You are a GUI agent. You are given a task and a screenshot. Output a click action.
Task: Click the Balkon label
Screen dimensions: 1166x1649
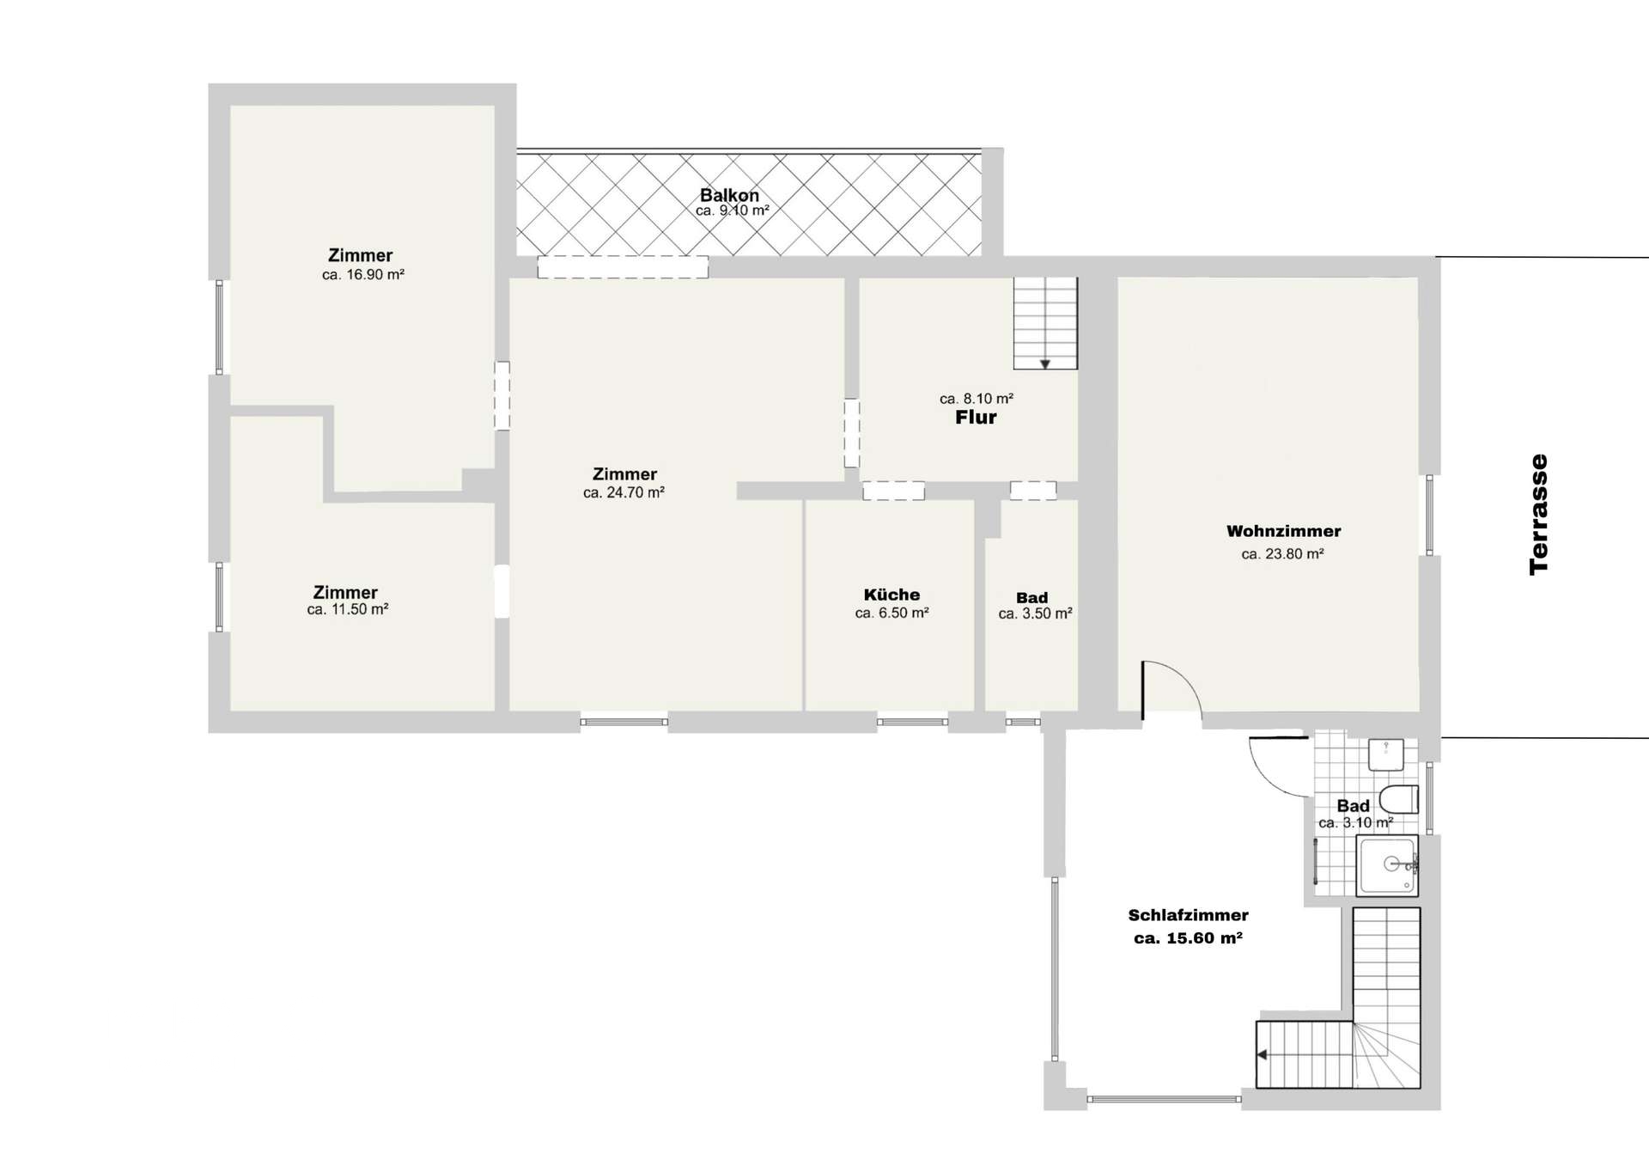click(729, 195)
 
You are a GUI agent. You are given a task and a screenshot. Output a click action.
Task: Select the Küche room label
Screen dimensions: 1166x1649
click(891, 595)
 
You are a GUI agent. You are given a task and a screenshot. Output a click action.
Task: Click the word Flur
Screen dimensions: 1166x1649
click(976, 418)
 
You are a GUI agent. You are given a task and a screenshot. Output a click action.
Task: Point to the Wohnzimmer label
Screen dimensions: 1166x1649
click(1283, 531)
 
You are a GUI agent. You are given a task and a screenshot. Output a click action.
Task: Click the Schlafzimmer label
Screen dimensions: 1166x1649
click(1188, 915)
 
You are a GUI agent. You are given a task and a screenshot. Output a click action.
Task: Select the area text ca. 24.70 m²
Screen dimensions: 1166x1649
click(624, 493)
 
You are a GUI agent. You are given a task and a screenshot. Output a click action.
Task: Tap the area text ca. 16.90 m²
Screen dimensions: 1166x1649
click(363, 275)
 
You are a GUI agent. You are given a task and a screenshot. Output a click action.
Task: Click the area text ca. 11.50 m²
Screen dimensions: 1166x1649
click(348, 609)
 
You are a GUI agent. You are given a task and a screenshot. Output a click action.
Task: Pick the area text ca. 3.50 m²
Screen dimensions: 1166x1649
click(1035, 614)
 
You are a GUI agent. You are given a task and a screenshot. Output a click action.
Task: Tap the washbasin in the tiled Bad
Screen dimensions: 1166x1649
click(1385, 754)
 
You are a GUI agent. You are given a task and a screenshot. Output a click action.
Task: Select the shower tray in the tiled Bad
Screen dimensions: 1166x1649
click(1387, 865)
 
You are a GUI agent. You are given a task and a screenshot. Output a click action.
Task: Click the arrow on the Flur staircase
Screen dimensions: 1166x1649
click(1045, 364)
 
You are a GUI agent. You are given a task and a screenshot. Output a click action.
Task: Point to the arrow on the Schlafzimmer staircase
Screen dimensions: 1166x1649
click(1263, 1054)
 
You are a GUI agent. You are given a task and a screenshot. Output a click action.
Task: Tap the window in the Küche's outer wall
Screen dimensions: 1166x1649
click(912, 722)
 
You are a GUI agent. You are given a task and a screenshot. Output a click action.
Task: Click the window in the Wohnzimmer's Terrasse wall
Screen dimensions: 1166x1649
click(1430, 515)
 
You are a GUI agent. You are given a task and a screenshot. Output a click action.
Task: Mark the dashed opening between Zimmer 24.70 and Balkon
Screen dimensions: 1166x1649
click(623, 267)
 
